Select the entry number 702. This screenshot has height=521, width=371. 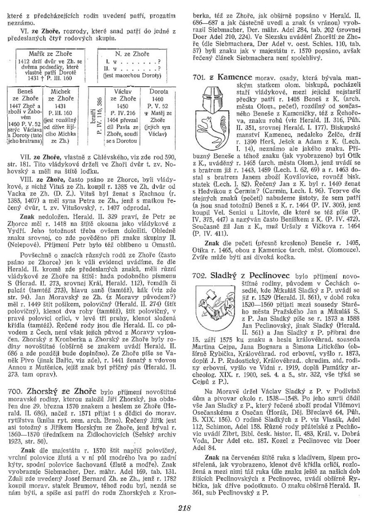pos(199,275)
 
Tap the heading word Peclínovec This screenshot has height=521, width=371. pos(269,275)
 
